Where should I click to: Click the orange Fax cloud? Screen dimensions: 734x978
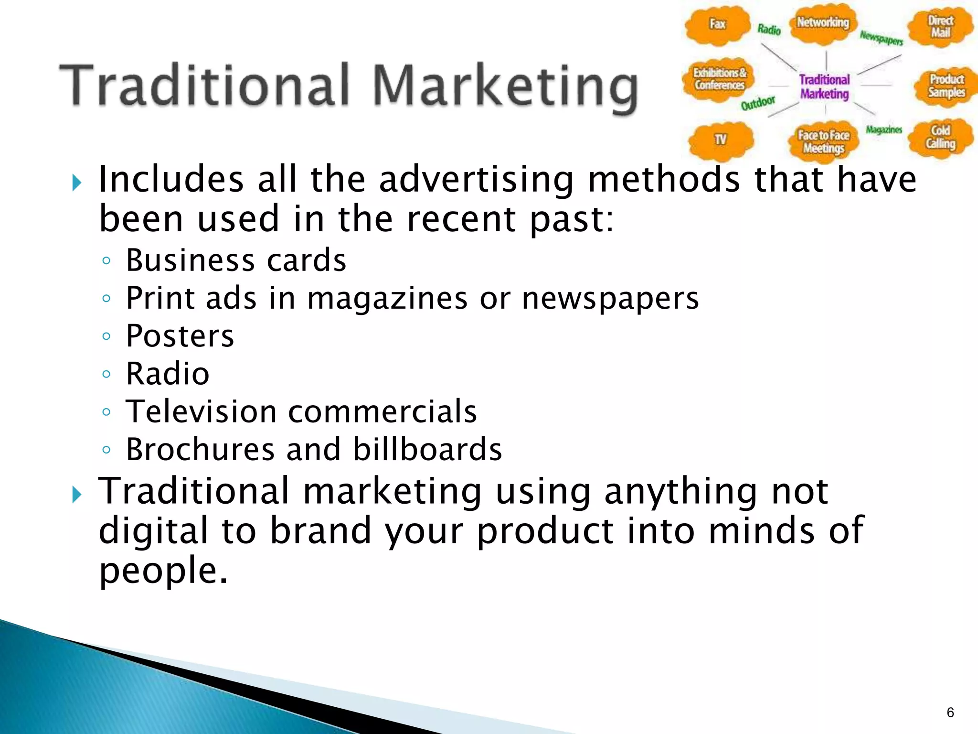[717, 25]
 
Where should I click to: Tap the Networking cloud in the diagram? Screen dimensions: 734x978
[823, 23]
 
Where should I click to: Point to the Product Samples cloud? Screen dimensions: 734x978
[946, 86]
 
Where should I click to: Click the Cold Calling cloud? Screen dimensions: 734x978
[940, 138]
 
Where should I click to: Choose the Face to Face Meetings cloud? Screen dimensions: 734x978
[823, 142]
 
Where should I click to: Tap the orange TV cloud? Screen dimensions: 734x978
[720, 140]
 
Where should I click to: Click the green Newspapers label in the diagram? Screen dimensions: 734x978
[882, 38]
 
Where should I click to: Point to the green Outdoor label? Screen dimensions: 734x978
[758, 103]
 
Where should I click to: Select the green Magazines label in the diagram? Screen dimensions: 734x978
[884, 130]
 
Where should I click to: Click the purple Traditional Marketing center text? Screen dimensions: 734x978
[825, 86]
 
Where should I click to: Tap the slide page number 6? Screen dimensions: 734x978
[950, 712]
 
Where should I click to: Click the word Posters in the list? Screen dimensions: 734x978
[180, 336]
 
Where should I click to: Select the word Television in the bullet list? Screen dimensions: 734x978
[201, 411]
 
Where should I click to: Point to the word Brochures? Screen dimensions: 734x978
[200, 449]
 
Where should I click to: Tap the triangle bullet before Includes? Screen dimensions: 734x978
[76, 183]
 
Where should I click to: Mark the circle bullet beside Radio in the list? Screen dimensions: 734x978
[106, 374]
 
